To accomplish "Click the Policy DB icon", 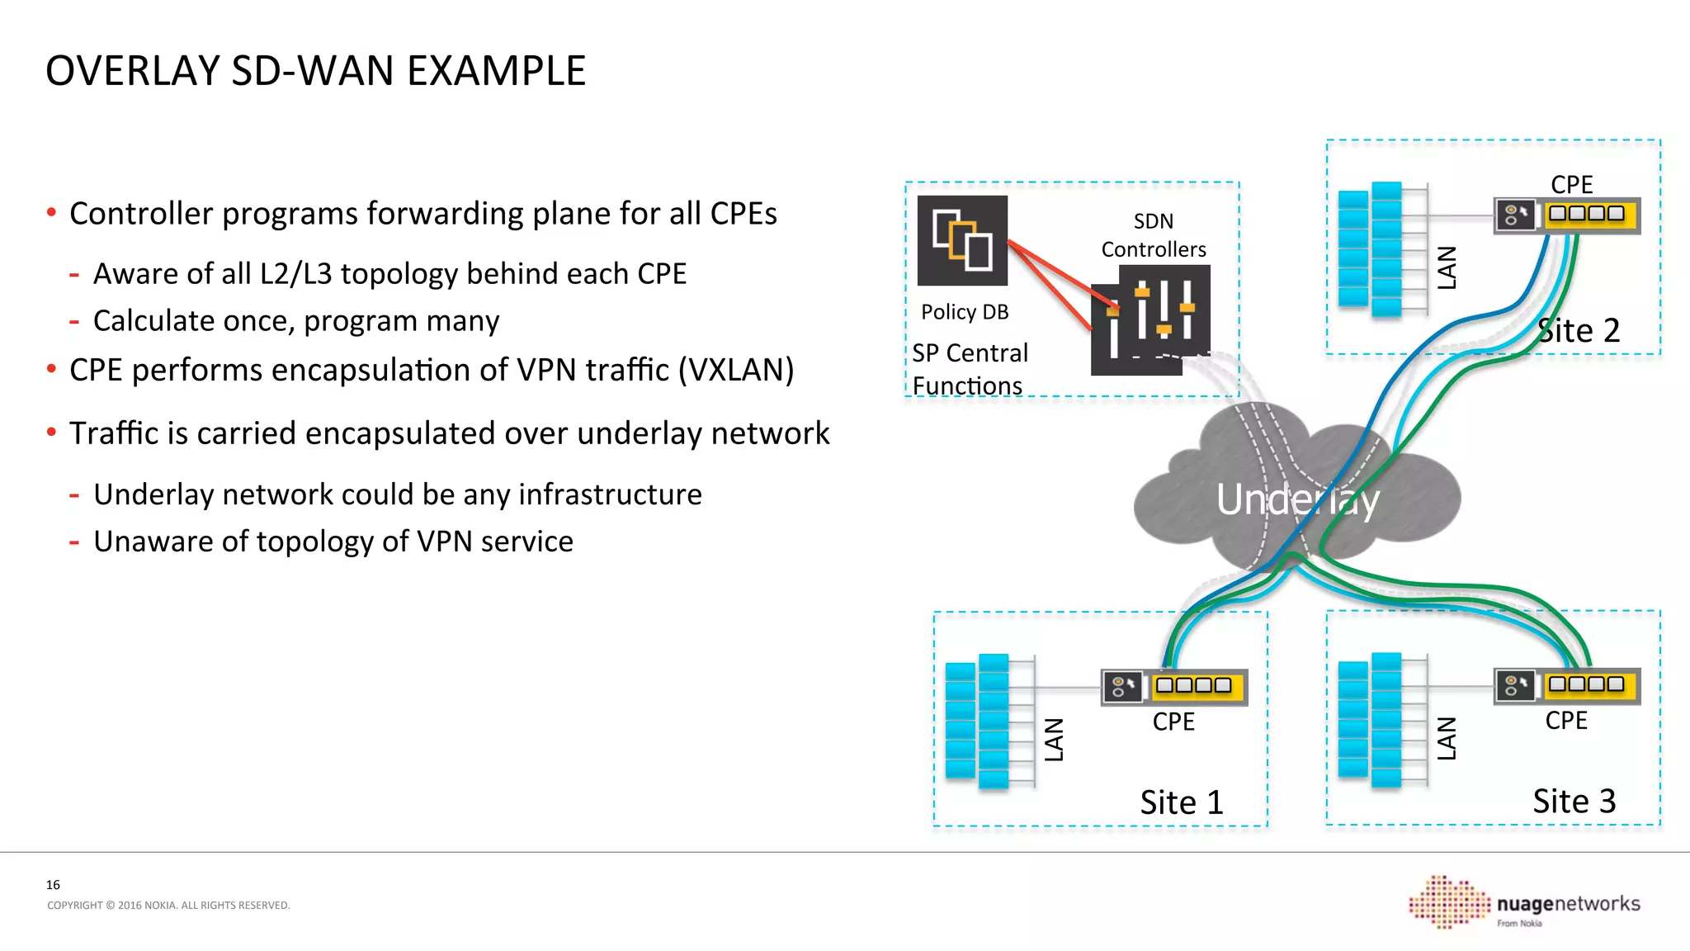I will pos(962,240).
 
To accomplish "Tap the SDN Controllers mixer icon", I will pos(1151,320).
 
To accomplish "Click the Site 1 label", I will pos(1181,802).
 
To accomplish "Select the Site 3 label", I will pos(1574,801).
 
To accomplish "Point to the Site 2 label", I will pos(1579,331).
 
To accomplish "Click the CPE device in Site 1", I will pos(1174,687).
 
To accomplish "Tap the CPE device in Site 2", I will pos(1566,215).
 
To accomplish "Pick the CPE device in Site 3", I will pos(1566,685).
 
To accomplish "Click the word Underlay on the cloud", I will pos(1296,500).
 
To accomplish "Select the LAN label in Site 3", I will pos(1447,738).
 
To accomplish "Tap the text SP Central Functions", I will pos(970,369).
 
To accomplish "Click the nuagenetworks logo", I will pos(1525,903).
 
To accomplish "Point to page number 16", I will pos(53,885).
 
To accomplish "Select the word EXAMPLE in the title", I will pos(496,71).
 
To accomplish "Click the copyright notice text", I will pos(168,906).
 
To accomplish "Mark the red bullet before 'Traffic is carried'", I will pos(51,432).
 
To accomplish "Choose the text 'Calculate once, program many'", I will pos(295,321).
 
